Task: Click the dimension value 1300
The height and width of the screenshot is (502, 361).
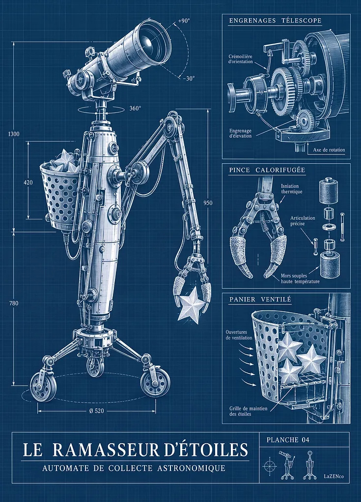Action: [13, 134]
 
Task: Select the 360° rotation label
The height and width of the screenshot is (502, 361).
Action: [135, 108]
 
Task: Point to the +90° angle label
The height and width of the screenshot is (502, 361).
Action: [184, 21]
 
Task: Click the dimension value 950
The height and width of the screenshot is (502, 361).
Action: [208, 202]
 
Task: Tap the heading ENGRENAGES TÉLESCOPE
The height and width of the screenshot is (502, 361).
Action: [275, 21]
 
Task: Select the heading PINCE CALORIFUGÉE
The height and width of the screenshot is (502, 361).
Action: [267, 170]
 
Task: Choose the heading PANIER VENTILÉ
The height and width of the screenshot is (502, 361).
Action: [260, 300]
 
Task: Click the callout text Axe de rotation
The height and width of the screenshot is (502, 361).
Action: [329, 150]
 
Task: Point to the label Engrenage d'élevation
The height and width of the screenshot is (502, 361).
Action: [241, 133]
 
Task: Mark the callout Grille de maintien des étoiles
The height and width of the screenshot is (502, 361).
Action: [248, 411]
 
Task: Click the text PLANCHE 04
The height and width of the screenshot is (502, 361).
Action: [288, 440]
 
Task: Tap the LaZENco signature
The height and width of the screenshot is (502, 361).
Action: [333, 477]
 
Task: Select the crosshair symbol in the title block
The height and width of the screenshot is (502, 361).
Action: [269, 466]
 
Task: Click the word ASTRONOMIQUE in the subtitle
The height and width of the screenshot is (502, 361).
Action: [191, 468]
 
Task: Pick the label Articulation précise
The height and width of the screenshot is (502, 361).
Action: [303, 221]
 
